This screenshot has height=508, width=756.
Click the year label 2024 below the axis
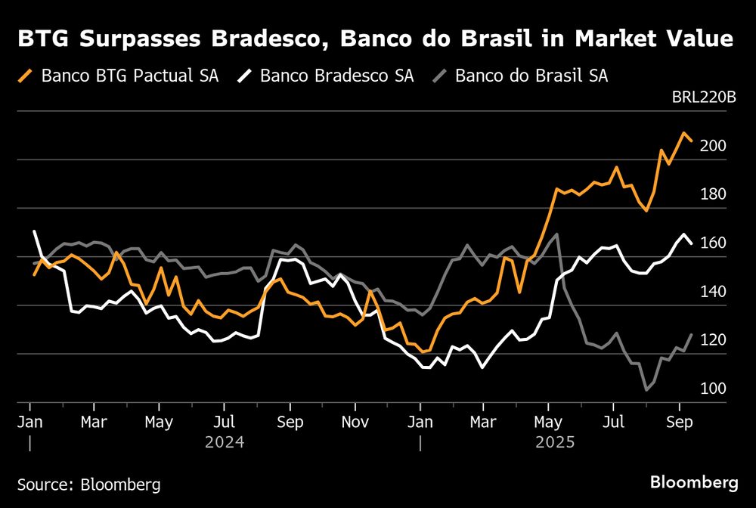pos(225,441)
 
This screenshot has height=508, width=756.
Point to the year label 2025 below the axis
pos(555,441)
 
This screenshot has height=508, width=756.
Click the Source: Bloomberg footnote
pos(89,483)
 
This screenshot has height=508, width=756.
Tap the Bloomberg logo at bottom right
pos(694,482)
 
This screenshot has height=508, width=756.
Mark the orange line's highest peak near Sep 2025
pos(683,134)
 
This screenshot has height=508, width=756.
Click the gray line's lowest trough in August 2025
pos(647,390)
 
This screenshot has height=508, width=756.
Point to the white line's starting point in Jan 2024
pos(35,231)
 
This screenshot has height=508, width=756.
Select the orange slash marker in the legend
pos(27,76)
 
